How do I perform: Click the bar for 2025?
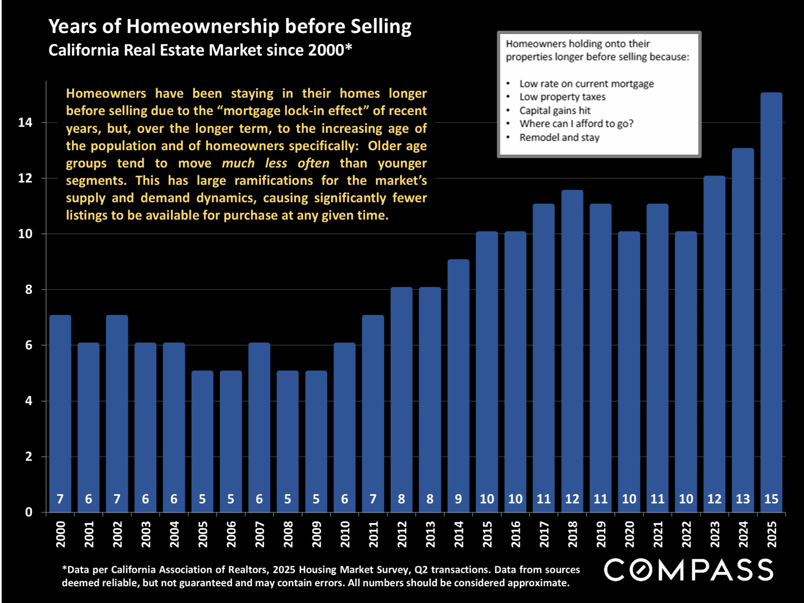click(771, 301)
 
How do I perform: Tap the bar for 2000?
click(60, 413)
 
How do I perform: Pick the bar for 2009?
click(316, 441)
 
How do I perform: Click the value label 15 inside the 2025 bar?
click(771, 499)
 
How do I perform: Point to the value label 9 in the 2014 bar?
click(458, 499)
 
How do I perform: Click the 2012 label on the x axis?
click(402, 534)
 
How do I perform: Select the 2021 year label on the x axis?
click(658, 534)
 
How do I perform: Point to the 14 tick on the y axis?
click(25, 122)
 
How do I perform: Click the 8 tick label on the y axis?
click(28, 290)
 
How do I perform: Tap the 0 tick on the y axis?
click(28, 512)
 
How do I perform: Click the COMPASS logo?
click(688, 570)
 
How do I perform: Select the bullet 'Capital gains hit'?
click(554, 111)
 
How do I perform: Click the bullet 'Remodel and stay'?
click(559, 137)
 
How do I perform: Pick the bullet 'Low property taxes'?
click(562, 97)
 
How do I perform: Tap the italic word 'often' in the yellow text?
click(313, 163)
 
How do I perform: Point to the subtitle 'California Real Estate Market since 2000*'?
click(200, 50)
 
